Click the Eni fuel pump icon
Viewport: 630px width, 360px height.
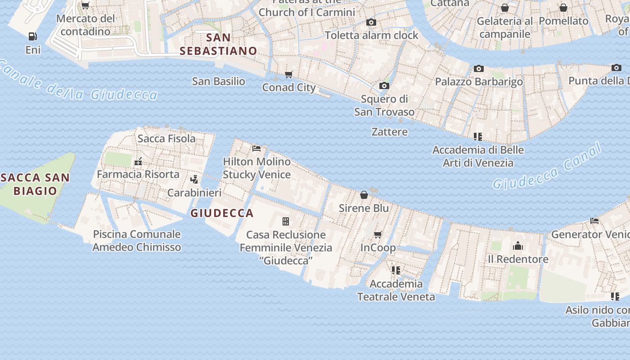pyautogui.click(x=32, y=36)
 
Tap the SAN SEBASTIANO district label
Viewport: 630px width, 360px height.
pyautogui.click(x=218, y=44)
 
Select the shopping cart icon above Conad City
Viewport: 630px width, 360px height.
pyautogui.click(x=288, y=74)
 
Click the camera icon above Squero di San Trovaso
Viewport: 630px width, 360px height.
pyautogui.click(x=384, y=85)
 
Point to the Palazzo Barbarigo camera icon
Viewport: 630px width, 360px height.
pyautogui.click(x=478, y=68)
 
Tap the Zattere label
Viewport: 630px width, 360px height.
pyautogui.click(x=389, y=132)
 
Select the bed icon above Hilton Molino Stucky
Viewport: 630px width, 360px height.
pyautogui.click(x=256, y=148)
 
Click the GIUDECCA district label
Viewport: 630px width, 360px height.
pyautogui.click(x=222, y=213)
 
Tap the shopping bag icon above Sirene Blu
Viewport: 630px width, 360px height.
pyautogui.click(x=364, y=195)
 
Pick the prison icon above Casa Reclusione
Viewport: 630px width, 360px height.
pyautogui.click(x=285, y=221)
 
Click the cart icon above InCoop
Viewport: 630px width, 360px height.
pyautogui.click(x=378, y=234)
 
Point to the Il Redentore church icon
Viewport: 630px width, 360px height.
pyautogui.click(x=518, y=246)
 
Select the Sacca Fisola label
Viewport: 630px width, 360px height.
pyautogui.click(x=166, y=139)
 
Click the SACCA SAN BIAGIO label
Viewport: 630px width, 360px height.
pyautogui.click(x=35, y=184)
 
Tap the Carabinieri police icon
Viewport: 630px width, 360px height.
pyautogui.click(x=194, y=180)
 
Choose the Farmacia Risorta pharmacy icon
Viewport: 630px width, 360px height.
pyautogui.click(x=138, y=161)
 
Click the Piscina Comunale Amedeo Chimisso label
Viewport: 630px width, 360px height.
pyautogui.click(x=137, y=240)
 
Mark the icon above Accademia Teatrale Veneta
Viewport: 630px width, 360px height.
pyautogui.click(x=396, y=270)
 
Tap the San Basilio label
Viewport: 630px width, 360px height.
pyautogui.click(x=218, y=81)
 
